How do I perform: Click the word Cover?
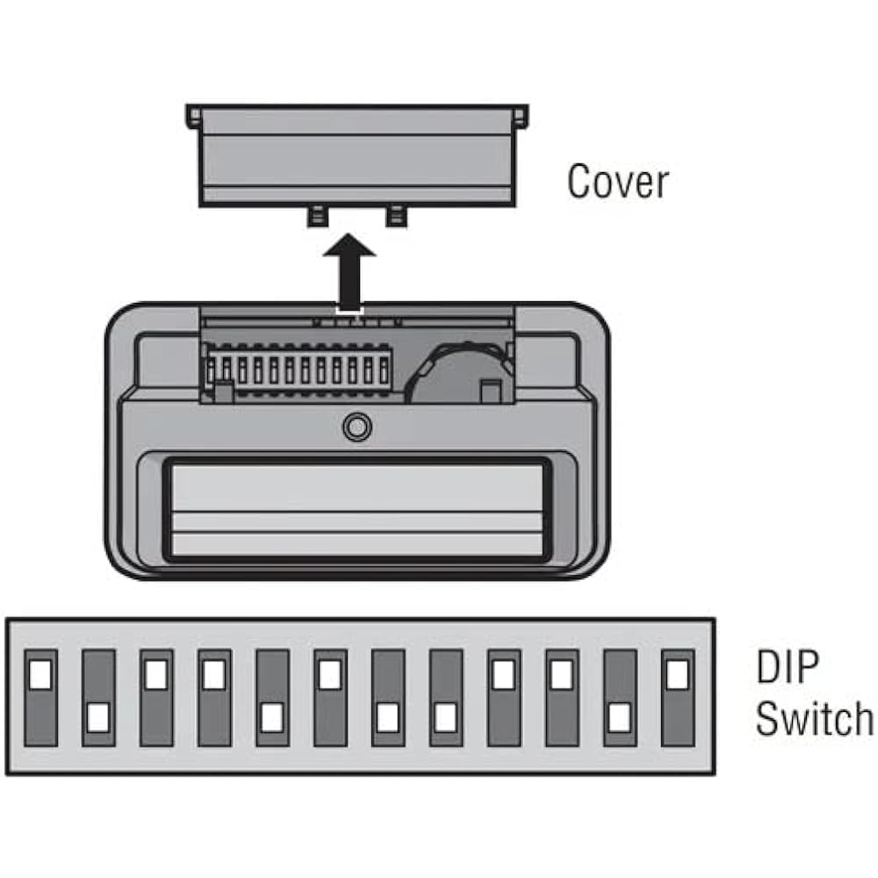coord(617,182)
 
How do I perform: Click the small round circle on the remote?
coord(356,428)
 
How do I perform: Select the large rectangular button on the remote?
coord(357,510)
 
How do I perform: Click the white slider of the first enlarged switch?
coord(40,673)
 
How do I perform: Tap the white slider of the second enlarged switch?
coord(98,717)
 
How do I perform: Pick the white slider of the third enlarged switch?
coord(156,673)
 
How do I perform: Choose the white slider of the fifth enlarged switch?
coord(272,717)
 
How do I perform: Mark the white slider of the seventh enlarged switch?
coord(388,717)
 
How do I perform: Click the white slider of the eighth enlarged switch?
coord(446,717)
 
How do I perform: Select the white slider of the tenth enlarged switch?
coord(562,673)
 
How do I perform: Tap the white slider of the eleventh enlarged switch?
coord(620,717)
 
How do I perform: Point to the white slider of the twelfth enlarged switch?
coord(678,673)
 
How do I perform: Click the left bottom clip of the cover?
coord(317,216)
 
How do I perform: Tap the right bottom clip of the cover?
coord(397,216)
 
